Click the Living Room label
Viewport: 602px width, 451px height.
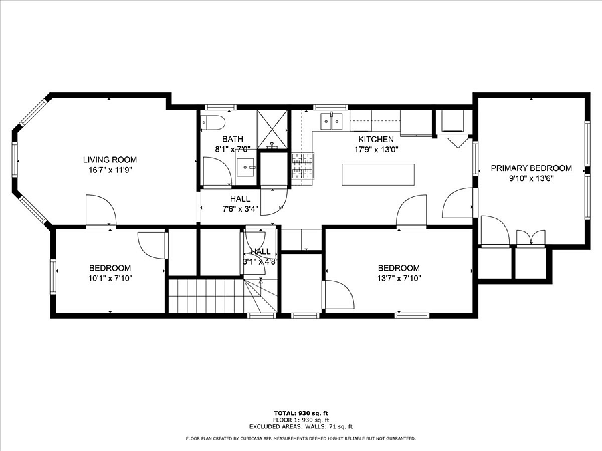coord(110,160)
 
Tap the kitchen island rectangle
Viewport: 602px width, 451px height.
coord(378,175)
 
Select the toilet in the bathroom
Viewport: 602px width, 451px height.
coord(212,122)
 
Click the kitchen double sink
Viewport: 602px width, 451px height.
coord(331,122)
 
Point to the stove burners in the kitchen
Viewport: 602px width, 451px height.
coord(303,166)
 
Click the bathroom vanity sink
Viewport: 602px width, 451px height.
coord(245,167)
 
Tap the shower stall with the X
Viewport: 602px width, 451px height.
coord(272,129)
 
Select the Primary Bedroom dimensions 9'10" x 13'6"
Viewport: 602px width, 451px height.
coord(531,178)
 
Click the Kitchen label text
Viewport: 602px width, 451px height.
coord(376,139)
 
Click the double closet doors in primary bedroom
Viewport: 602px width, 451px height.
coord(531,237)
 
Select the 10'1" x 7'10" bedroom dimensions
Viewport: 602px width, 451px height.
coord(110,279)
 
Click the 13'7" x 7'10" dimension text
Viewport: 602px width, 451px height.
coord(399,279)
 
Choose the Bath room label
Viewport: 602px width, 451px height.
coord(233,139)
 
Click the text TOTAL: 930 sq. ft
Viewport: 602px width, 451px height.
coord(301,413)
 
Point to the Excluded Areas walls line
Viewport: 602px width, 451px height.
coord(301,426)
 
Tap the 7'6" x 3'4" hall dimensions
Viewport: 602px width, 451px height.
coord(240,209)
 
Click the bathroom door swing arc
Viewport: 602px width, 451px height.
coord(217,172)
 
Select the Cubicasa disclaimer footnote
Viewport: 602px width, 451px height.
coord(300,438)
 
